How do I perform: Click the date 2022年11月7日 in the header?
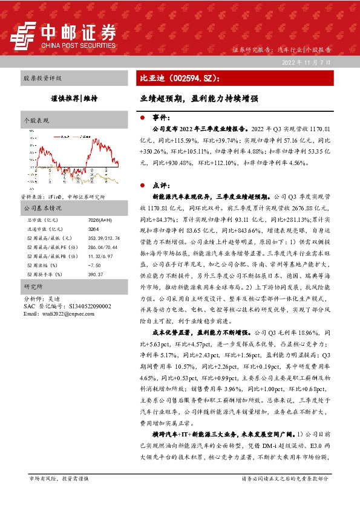tap(307, 62)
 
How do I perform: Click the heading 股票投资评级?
tap(42, 79)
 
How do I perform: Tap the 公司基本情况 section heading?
tap(43, 208)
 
